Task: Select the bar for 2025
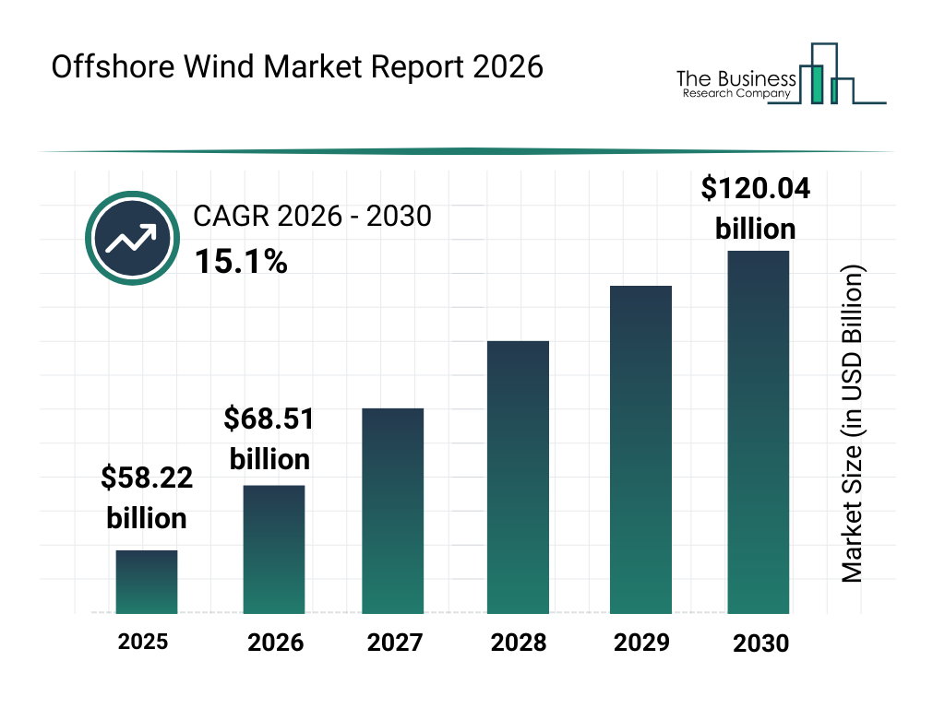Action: (147, 582)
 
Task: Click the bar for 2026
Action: (274, 549)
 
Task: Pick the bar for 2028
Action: (518, 478)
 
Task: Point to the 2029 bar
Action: (641, 450)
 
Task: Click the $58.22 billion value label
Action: (147, 497)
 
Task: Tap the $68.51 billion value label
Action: (269, 439)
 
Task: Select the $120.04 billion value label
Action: (756, 208)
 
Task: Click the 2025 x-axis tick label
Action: (143, 642)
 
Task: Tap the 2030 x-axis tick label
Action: (761, 643)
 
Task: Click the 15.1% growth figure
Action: (240, 263)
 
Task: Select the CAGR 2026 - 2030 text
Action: (312, 217)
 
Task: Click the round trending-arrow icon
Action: (131, 239)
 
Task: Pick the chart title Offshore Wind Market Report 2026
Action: (297, 68)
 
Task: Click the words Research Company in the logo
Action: (735, 93)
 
